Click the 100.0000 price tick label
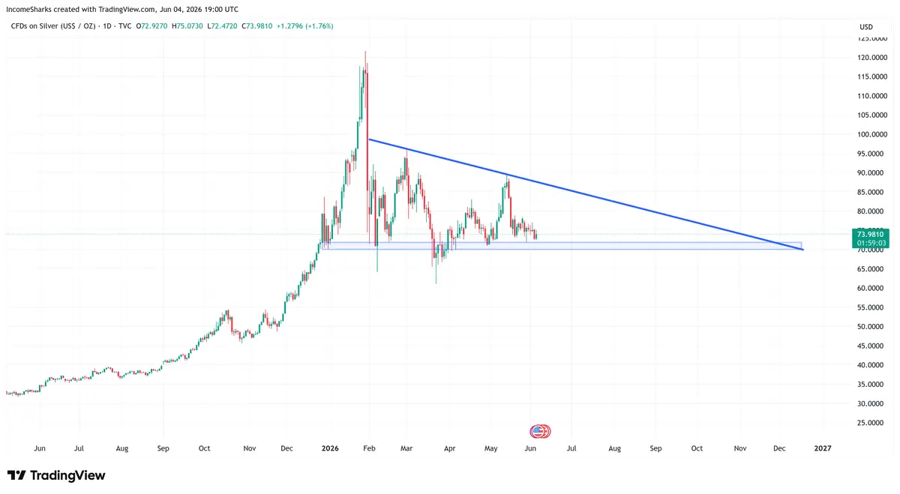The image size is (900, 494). tap(872, 134)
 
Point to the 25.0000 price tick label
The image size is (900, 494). tap(872, 423)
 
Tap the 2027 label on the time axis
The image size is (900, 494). tap(823, 448)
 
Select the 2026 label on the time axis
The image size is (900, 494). tap(330, 448)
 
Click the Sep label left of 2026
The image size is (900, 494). tap(163, 448)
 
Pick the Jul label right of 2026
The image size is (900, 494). tap(571, 448)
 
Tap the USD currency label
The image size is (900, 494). tap(866, 27)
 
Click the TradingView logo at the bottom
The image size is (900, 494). tap(56, 475)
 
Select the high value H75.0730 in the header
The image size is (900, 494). tap(187, 26)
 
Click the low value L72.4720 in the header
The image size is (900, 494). tap(222, 26)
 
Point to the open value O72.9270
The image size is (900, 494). tap(151, 26)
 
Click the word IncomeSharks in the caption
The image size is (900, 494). tap(28, 9)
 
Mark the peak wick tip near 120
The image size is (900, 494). tap(365, 52)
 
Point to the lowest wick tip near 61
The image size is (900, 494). tap(436, 283)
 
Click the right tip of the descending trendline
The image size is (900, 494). tap(803, 250)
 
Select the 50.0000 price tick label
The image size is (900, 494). tap(872, 327)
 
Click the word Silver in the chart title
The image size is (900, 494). tap(49, 26)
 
